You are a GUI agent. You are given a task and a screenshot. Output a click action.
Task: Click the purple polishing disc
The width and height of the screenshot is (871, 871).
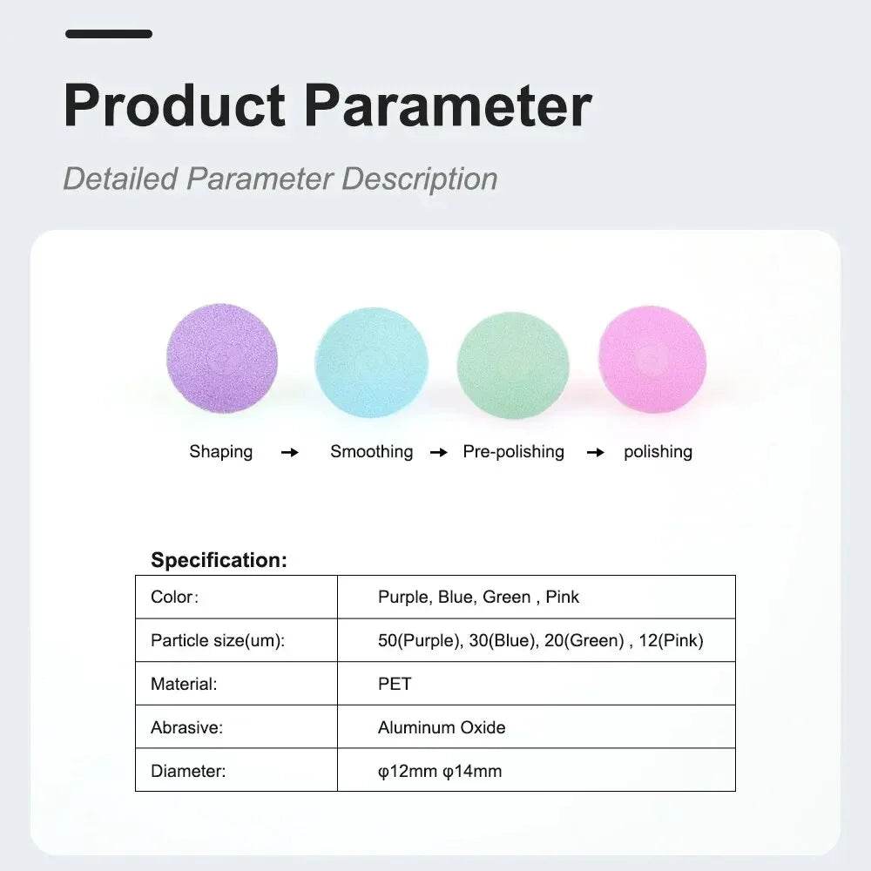click(x=222, y=359)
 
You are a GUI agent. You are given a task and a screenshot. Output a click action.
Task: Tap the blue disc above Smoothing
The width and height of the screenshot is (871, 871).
click(x=372, y=361)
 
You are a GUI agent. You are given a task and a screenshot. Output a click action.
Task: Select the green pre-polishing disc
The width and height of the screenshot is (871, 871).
click(x=513, y=366)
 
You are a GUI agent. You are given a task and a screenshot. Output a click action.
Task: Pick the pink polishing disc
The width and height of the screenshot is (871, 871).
click(x=652, y=360)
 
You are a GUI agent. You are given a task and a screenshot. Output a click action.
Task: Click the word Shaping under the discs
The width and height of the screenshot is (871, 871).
click(x=220, y=452)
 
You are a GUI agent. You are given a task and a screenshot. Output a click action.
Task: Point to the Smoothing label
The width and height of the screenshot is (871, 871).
click(x=372, y=451)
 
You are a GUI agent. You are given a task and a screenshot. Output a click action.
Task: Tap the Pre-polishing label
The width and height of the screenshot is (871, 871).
click(x=513, y=451)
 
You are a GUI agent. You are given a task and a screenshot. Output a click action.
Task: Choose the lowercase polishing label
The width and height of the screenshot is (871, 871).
click(x=658, y=452)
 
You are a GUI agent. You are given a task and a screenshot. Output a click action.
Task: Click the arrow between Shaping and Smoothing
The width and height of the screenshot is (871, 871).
click(x=290, y=453)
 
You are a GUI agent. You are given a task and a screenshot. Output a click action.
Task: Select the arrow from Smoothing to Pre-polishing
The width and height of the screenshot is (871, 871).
click(x=439, y=453)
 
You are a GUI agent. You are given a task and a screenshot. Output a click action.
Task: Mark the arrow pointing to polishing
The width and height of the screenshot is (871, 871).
click(x=596, y=453)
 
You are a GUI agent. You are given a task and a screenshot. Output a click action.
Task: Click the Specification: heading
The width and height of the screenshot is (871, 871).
click(x=219, y=560)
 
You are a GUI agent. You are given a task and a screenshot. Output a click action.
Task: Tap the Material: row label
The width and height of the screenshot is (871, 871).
click(x=184, y=684)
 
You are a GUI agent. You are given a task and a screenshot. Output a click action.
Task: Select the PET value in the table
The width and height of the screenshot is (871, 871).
click(x=395, y=684)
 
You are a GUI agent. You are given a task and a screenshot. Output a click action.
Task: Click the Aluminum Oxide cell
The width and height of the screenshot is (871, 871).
click(x=442, y=727)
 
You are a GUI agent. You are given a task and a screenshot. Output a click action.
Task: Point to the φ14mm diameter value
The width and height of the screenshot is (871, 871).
click(x=472, y=771)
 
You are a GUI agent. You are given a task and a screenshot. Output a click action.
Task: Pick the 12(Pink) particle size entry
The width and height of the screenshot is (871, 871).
click(x=671, y=640)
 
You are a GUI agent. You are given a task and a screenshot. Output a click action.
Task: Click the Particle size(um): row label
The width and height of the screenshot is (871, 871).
click(x=218, y=640)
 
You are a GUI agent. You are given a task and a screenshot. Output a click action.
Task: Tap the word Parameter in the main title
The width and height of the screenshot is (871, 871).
click(x=449, y=105)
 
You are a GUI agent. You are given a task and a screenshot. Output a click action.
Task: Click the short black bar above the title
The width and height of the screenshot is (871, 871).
click(x=109, y=34)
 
